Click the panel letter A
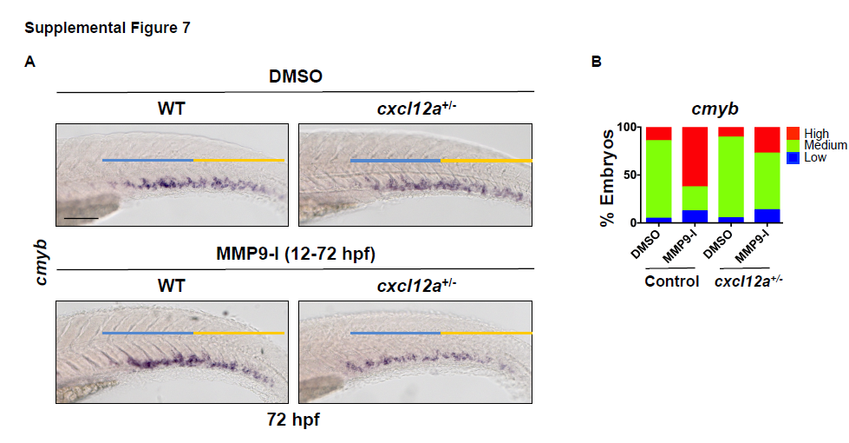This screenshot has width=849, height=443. tap(30, 62)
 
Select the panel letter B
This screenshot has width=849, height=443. tap(596, 62)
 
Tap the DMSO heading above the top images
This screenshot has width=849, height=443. tap(295, 76)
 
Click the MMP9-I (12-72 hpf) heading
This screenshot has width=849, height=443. tap(295, 254)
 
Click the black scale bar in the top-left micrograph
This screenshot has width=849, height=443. tap(81, 218)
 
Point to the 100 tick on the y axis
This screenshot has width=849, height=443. tap(630, 127)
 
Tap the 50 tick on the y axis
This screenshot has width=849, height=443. tap(634, 175)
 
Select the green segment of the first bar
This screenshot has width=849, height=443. tap(658, 178)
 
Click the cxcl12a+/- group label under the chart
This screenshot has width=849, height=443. tap(750, 282)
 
